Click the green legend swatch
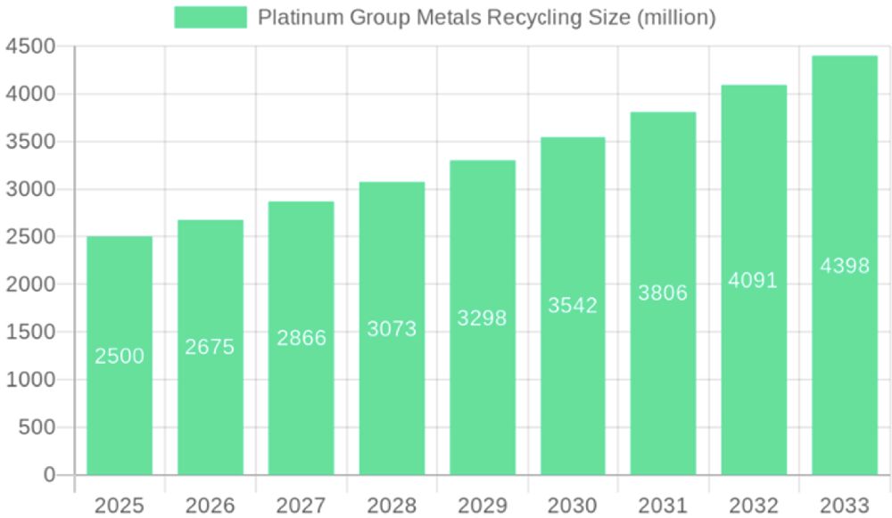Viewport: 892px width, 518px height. pyautogui.click(x=210, y=17)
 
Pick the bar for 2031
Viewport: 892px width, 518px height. pyautogui.click(x=663, y=293)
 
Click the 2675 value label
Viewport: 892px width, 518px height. pyautogui.click(x=210, y=347)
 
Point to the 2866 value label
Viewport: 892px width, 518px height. pyautogui.click(x=301, y=338)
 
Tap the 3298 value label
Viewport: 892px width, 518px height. pyautogui.click(x=482, y=318)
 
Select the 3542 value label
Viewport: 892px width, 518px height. pyautogui.click(x=573, y=306)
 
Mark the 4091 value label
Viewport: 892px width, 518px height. pyautogui.click(x=753, y=280)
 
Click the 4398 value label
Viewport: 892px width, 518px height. pyautogui.click(x=844, y=266)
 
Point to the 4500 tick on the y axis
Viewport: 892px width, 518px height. pyautogui.click(x=29, y=46)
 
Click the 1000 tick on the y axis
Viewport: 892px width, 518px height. pyautogui.click(x=29, y=380)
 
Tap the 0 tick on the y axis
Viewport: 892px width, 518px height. pyautogui.click(x=50, y=475)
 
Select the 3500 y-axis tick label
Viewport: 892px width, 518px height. pyautogui.click(x=29, y=142)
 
